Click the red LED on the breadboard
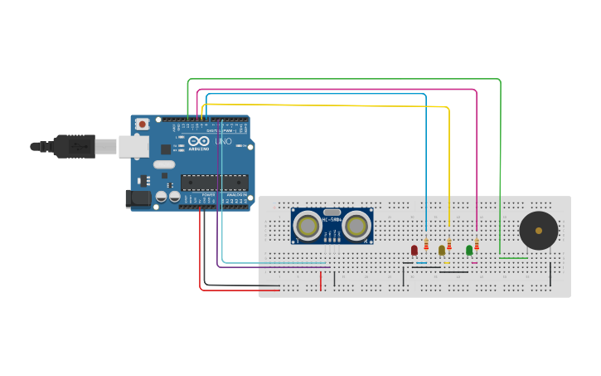click(x=414, y=250)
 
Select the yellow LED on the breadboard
click(x=442, y=250)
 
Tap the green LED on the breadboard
click(x=469, y=250)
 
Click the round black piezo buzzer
click(x=538, y=230)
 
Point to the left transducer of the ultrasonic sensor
click(x=308, y=226)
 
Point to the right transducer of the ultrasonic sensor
click(x=356, y=226)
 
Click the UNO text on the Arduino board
click(x=223, y=142)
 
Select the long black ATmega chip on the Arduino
click(x=214, y=182)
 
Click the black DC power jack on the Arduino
click(x=138, y=198)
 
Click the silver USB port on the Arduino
click(x=133, y=147)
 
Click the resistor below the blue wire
click(x=426, y=244)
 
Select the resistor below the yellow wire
click(x=449, y=244)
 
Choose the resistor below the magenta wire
click(x=477, y=244)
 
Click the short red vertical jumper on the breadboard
click(x=321, y=281)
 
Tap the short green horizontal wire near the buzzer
click(x=513, y=257)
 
